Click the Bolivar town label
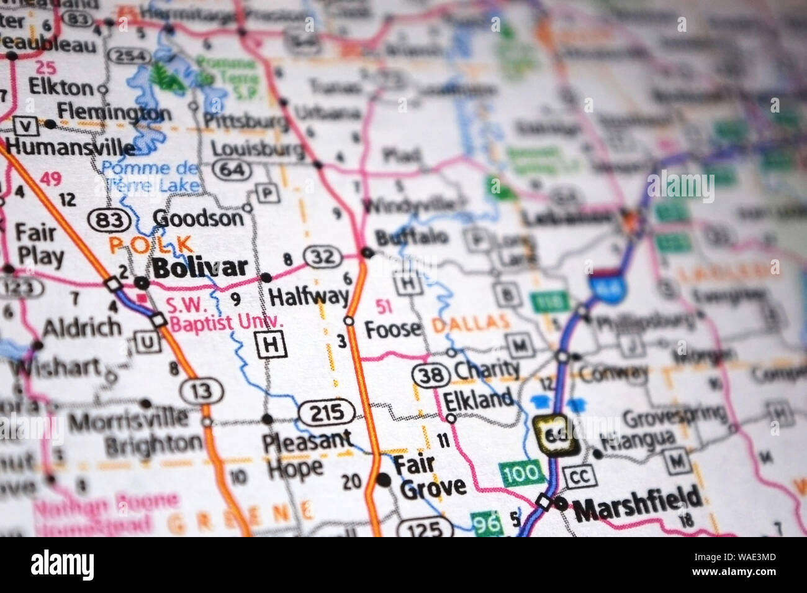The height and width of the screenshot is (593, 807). click(x=200, y=267)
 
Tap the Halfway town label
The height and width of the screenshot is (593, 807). click(x=308, y=296)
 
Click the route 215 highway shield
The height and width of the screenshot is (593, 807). click(x=326, y=412)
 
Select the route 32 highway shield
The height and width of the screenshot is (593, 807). click(x=322, y=256)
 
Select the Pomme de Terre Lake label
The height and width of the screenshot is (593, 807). click(x=152, y=175)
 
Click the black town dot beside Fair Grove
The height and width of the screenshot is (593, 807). click(x=384, y=479)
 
